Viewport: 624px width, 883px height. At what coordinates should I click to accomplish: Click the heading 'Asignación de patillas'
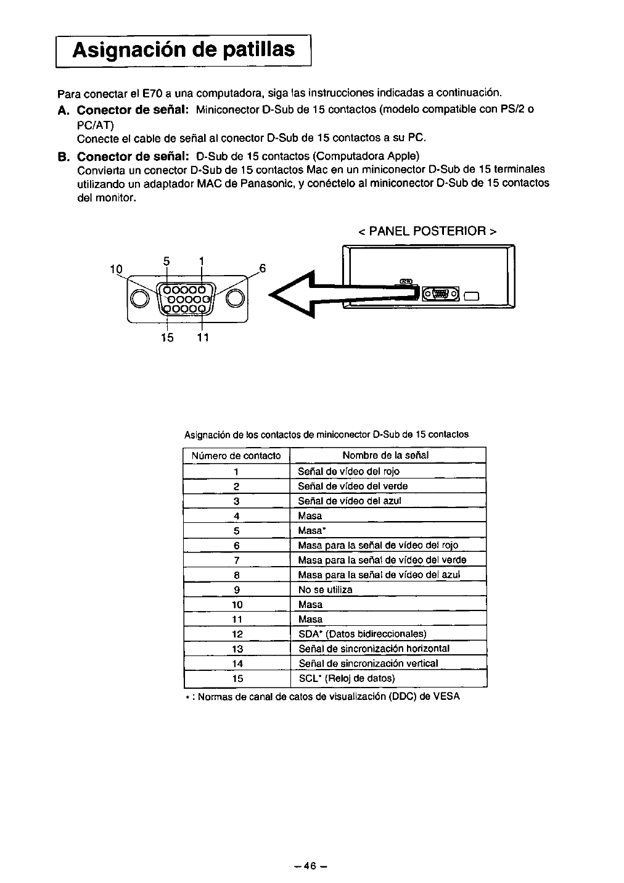point(183,49)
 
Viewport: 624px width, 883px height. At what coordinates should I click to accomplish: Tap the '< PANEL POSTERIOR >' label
point(427,231)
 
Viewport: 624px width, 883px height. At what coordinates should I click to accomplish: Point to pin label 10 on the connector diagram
point(116,268)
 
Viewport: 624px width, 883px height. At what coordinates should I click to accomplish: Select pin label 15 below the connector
point(167,337)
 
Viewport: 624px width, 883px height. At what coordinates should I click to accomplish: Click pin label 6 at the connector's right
point(262,268)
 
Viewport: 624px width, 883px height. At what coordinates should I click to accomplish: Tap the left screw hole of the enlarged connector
point(141,298)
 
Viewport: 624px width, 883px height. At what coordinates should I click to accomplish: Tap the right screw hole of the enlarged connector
point(236,298)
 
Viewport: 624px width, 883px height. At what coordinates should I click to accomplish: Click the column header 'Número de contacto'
point(236,456)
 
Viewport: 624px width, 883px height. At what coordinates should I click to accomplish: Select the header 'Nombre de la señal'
point(385,456)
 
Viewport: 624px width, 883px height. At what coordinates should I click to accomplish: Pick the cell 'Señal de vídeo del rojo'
point(349,471)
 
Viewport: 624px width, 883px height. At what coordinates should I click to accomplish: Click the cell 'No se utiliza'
point(326,589)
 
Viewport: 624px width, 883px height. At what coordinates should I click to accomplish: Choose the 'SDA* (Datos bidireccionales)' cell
point(363,634)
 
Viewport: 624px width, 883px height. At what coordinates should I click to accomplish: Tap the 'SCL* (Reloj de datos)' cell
point(347,678)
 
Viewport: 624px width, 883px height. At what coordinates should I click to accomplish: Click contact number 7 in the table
point(236,560)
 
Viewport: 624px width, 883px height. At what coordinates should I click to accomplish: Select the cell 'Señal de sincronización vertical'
point(369,663)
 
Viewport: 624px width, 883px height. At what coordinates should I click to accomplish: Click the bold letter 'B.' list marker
point(64,155)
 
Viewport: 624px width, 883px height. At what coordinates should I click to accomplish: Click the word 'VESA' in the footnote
point(446,696)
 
